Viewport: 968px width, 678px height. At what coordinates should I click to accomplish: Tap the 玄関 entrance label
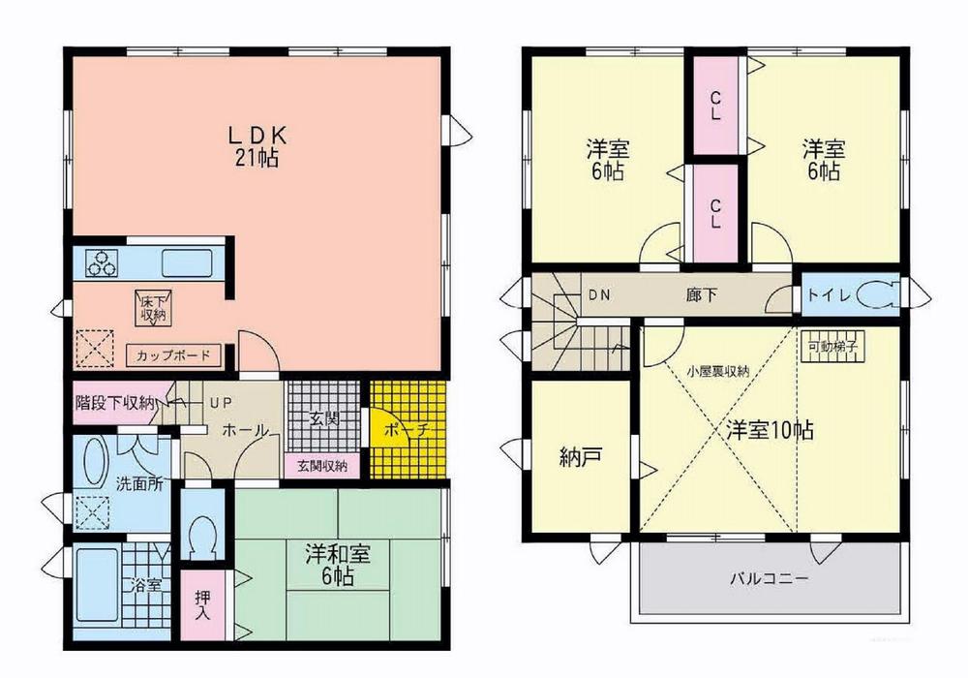[x=323, y=419]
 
